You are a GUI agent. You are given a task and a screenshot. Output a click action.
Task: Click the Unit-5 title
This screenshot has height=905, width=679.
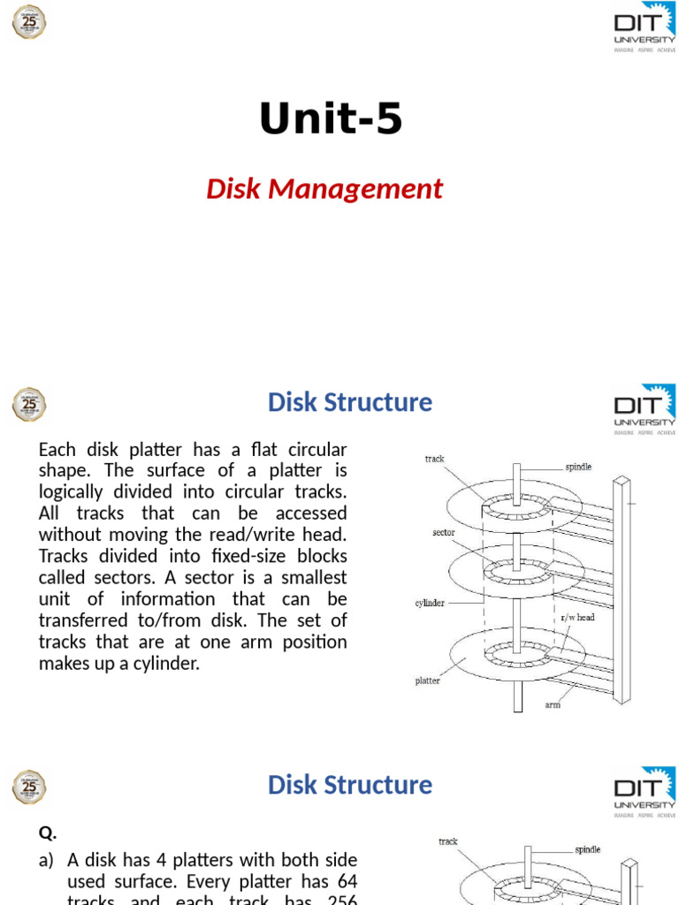coord(331,120)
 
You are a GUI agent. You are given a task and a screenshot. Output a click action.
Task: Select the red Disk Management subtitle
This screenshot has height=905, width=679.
coord(324,188)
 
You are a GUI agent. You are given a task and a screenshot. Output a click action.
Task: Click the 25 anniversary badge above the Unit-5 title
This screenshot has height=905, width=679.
coord(29,21)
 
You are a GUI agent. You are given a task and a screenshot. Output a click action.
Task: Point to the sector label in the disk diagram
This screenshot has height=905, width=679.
coord(444,533)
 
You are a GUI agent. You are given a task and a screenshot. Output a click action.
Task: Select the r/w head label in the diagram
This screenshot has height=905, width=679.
coord(578,617)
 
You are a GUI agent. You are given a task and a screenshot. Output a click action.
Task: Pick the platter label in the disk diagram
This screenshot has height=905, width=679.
coord(428,681)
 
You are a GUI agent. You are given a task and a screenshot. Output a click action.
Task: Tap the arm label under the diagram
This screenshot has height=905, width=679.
coord(553,704)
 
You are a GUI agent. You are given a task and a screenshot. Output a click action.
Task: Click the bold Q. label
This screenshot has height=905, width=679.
coord(48,832)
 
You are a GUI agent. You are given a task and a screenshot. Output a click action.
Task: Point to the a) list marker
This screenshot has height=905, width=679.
coord(47,860)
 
